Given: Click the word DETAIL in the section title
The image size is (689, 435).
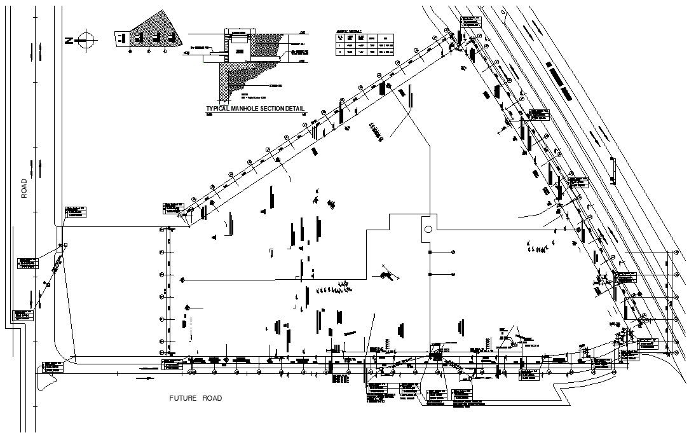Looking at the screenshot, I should point(292,109).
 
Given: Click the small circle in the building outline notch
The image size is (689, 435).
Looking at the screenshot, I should point(428,229).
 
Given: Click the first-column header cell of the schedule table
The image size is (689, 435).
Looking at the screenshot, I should point(340,38).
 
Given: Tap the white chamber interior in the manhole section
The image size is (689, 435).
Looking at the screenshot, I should point(239,50).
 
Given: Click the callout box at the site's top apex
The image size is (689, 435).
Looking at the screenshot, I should point(469,21).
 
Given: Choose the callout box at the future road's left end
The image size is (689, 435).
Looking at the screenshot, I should point(53,367).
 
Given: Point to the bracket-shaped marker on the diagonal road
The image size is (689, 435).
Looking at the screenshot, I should point(613,170).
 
